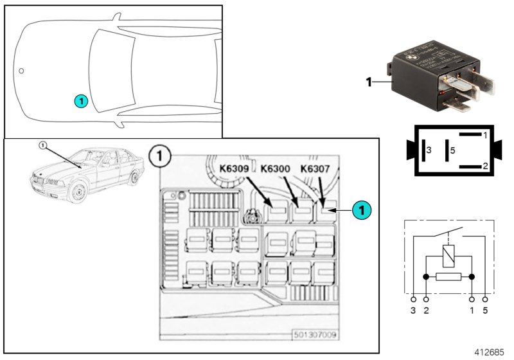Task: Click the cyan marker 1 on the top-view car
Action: click(x=80, y=100)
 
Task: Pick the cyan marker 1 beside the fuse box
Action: click(x=362, y=209)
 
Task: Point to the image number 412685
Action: click(x=490, y=352)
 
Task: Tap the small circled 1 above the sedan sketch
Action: click(x=43, y=145)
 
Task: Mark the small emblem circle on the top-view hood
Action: click(x=21, y=70)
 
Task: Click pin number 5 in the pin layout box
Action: click(x=452, y=150)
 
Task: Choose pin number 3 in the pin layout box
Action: click(x=429, y=150)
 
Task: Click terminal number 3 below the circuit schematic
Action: click(x=413, y=311)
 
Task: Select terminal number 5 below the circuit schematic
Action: click(x=485, y=311)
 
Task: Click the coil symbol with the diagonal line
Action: click(x=448, y=255)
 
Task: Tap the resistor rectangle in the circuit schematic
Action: click(x=448, y=277)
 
